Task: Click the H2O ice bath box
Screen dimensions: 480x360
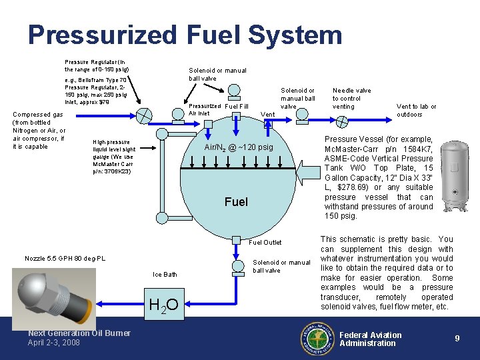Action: click(165, 304)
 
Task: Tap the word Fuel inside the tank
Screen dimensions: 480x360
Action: click(236, 202)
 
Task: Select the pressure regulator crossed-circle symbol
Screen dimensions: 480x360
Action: click(144, 116)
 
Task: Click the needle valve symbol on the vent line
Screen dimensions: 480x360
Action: click(342, 122)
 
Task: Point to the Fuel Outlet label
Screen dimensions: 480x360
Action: click(265, 243)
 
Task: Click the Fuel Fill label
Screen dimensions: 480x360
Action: click(236, 106)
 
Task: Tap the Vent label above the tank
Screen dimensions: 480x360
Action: click(267, 114)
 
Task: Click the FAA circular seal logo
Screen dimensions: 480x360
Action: click(317, 338)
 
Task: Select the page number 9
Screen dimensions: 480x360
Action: click(457, 338)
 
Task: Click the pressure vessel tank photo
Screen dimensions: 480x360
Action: click(455, 176)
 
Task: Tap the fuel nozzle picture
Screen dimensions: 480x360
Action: click(54, 299)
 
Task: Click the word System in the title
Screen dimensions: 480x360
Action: click(295, 35)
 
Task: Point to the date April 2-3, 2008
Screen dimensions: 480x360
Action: click(53, 342)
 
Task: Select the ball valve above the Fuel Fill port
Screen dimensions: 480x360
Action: click(234, 92)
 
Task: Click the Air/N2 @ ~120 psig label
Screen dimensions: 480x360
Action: click(239, 147)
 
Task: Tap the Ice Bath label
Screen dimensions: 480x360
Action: click(165, 274)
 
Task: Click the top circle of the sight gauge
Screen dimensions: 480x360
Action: click(162, 134)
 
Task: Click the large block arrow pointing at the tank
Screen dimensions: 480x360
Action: click(308, 173)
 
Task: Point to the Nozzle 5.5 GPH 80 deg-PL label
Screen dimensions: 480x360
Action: click(65, 259)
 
